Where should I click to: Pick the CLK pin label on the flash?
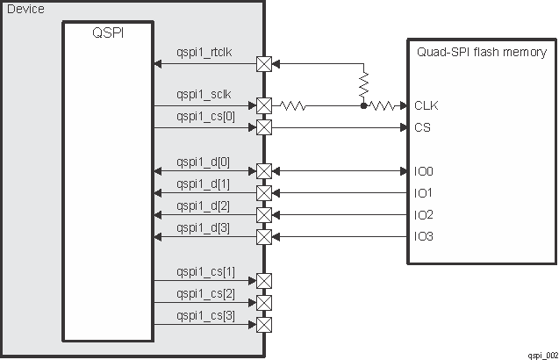[426, 105]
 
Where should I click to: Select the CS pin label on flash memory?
[422, 127]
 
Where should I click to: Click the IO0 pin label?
[425, 171]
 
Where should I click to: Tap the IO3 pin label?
[425, 236]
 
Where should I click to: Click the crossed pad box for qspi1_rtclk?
[263, 64]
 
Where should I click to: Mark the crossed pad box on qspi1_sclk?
[263, 105]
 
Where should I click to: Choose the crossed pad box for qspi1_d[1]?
[263, 192]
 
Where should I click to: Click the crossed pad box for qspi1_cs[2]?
[263, 303]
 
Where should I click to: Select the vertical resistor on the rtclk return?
[363, 85]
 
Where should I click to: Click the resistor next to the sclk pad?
[292, 105]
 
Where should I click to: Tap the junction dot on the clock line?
[363, 105]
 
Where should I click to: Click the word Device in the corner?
[25, 9]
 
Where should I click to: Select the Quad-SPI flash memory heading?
[482, 52]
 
